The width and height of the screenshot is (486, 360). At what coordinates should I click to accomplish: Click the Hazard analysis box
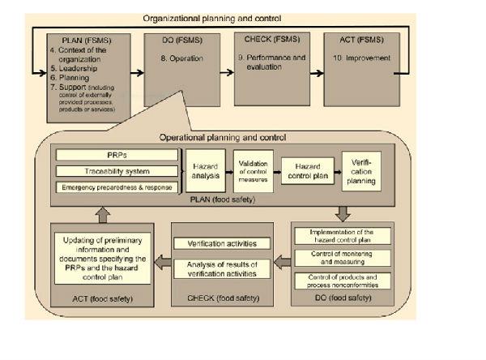click(x=206, y=170)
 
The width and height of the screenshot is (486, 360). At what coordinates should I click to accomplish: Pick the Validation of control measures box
click(x=254, y=171)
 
